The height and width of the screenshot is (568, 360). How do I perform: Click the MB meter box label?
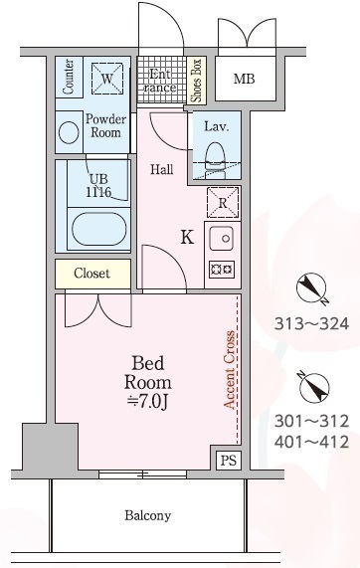pos(244,79)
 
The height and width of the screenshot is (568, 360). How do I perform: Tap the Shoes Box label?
pos(196,81)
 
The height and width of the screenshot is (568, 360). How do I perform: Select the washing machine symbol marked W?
pos(106,79)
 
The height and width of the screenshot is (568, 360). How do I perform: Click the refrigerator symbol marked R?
pos(223,203)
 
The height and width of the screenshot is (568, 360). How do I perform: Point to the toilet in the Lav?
pos(215,160)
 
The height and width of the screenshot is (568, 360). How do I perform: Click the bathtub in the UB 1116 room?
pos(98,229)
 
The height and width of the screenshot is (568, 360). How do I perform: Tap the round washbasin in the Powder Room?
pos(69,132)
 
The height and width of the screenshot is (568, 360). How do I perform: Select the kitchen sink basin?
pos(221,239)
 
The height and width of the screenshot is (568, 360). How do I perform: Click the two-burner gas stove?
pos(222,270)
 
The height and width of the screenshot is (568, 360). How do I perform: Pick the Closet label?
pos(91,274)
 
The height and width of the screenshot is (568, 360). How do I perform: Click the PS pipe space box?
pos(229,460)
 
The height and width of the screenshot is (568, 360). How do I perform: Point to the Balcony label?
pos(147,515)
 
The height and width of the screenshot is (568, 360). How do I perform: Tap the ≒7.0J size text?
pos(148,401)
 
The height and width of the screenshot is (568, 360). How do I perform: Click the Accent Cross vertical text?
pos(230,369)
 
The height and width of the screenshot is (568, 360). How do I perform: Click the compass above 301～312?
pos(313,387)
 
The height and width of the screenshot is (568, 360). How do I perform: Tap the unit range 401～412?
pos(311,442)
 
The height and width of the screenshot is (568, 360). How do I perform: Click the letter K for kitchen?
pos(187,238)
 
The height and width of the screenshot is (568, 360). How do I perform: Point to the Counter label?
pos(69,77)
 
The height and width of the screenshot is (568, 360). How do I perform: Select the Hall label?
pos(162,169)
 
